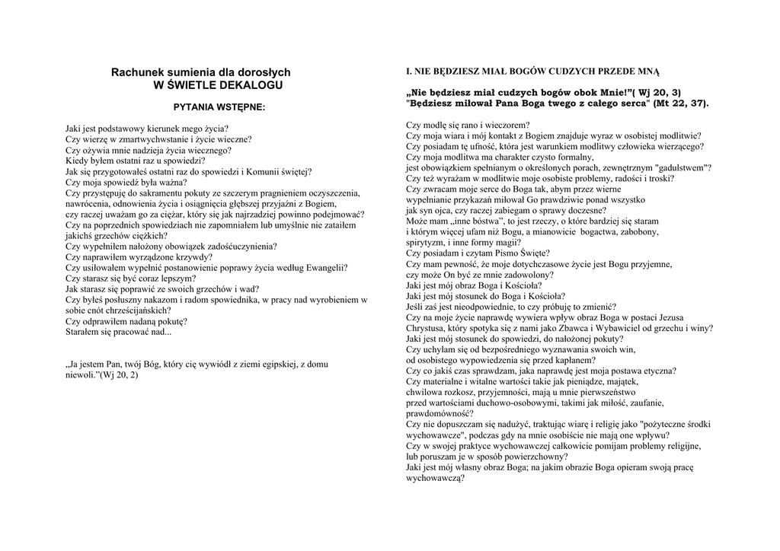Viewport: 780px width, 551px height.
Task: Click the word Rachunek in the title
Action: [x=139, y=72]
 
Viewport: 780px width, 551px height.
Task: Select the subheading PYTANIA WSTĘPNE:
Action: [x=219, y=107]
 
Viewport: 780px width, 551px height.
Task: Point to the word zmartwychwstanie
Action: [x=136, y=139]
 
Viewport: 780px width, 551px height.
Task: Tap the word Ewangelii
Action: [x=324, y=268]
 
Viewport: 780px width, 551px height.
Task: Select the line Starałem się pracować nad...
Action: [x=118, y=332]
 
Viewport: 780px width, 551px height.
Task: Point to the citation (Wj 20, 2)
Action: [x=119, y=375]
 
